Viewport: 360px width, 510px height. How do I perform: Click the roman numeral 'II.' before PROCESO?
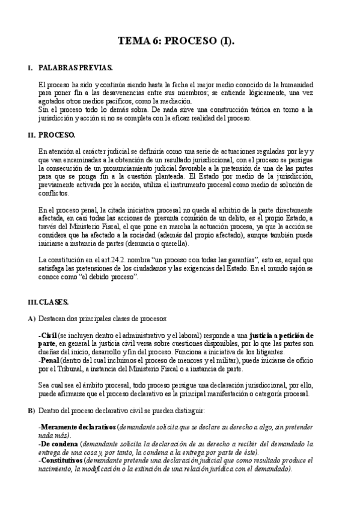[x=32, y=135]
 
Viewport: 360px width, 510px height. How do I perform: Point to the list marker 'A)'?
[x=32, y=317]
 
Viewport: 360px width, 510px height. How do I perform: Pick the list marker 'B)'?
[x=32, y=410]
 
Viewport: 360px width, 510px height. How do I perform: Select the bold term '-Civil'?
[x=47, y=334]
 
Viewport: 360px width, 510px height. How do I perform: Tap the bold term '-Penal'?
[x=49, y=360]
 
